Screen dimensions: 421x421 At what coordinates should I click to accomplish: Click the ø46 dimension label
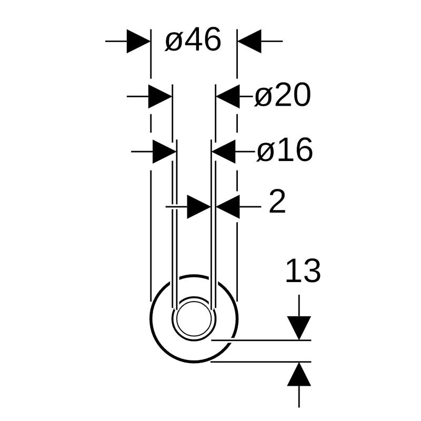pyautogui.click(x=193, y=39)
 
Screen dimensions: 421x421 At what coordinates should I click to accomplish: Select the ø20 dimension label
pyautogui.click(x=283, y=95)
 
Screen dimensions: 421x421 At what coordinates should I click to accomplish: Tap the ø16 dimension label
pyautogui.click(x=285, y=149)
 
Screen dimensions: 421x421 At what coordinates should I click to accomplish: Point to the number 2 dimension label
pyautogui.click(x=277, y=202)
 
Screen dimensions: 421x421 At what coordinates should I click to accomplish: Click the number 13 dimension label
pyautogui.click(x=303, y=270)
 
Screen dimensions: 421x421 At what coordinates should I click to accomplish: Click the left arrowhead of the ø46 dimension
pyautogui.click(x=138, y=42)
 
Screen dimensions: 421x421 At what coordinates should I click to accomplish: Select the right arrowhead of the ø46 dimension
pyautogui.click(x=249, y=42)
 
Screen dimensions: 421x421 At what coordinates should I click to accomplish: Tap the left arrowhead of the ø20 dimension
pyautogui.click(x=161, y=96)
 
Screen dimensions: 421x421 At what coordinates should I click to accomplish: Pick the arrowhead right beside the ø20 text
pyautogui.click(x=228, y=96)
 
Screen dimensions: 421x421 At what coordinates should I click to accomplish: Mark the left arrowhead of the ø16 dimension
pyautogui.click(x=164, y=152)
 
